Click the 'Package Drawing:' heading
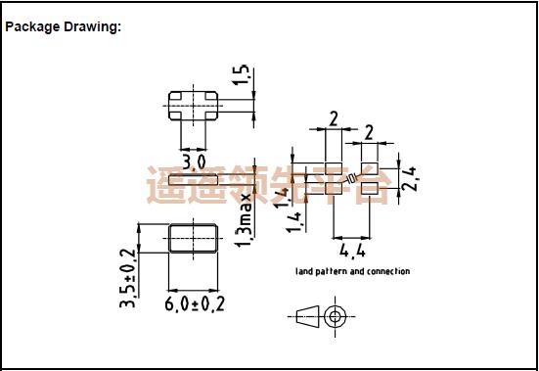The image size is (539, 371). pyautogui.click(x=63, y=26)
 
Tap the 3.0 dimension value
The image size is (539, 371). pyautogui.click(x=194, y=161)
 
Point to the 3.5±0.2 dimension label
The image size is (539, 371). pyautogui.click(x=127, y=280)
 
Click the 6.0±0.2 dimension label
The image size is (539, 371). pyautogui.click(x=195, y=304)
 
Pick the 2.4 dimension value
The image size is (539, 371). pyautogui.click(x=411, y=178)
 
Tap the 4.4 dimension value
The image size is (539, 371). pyautogui.click(x=350, y=250)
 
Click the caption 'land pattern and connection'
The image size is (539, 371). pyautogui.click(x=352, y=271)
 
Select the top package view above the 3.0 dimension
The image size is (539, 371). pyautogui.click(x=194, y=104)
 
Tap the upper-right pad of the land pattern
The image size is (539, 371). pyautogui.click(x=370, y=167)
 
